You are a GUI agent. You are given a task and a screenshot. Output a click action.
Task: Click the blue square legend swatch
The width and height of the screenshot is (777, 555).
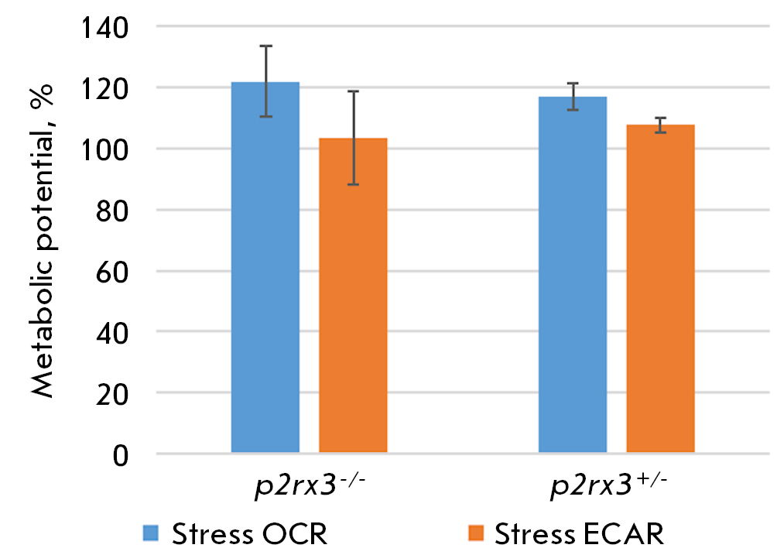[150, 533]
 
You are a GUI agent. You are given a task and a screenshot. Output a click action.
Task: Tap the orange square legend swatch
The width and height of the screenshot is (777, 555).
[476, 533]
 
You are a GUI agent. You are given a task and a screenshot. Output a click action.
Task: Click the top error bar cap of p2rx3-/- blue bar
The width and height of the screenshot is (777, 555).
[265, 46]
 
